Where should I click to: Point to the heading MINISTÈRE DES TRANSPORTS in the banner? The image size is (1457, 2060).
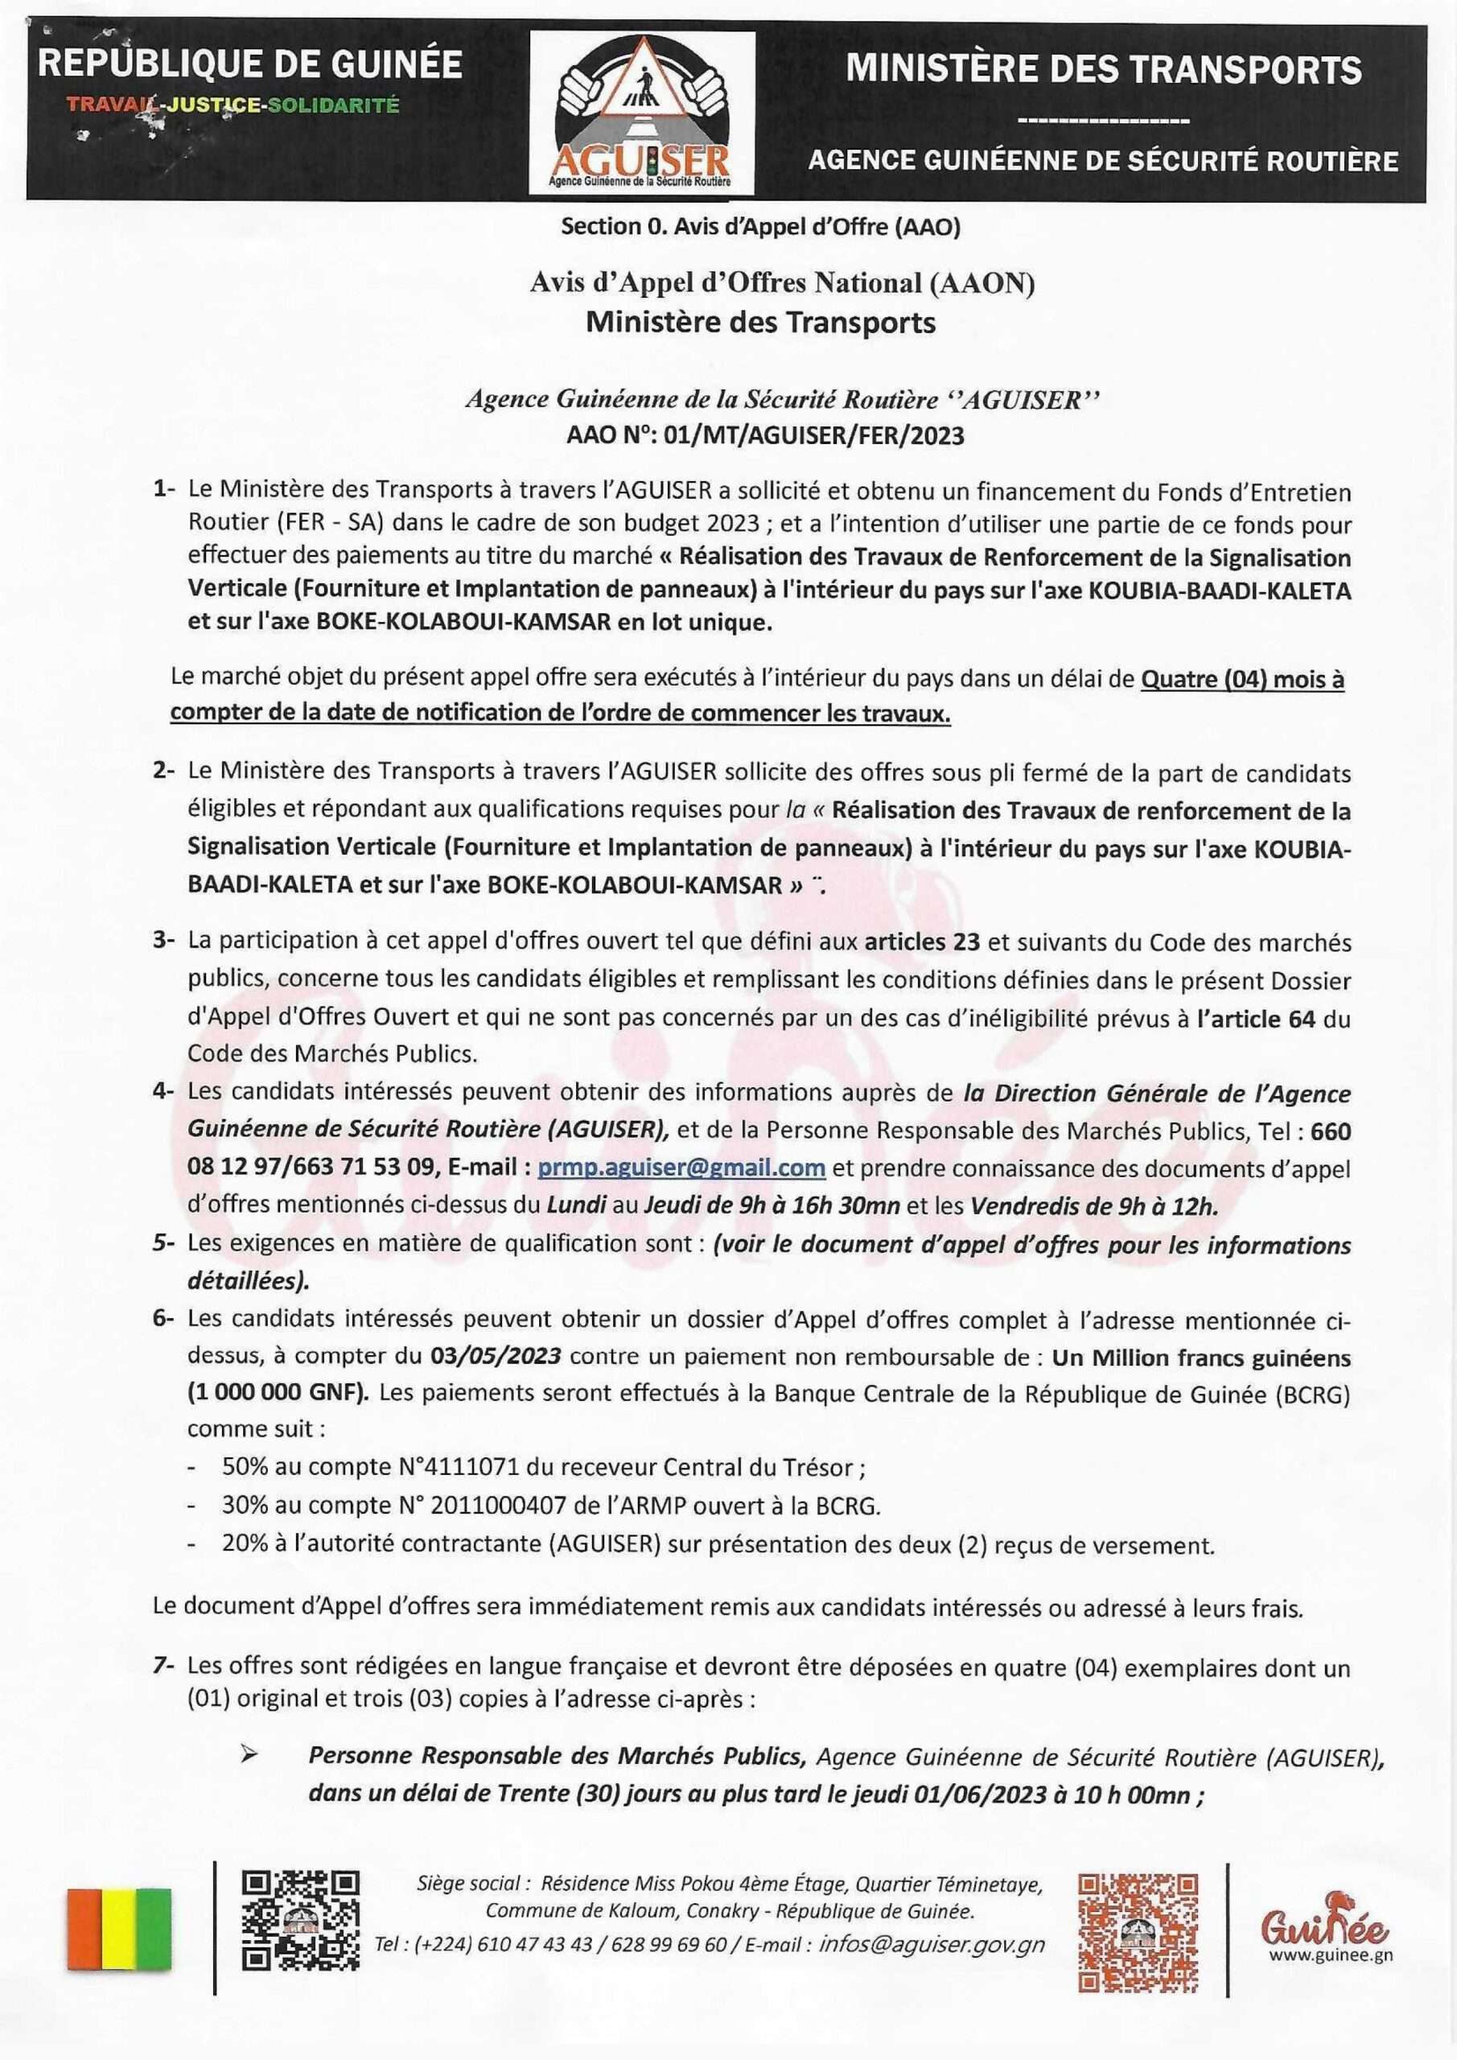click(1104, 70)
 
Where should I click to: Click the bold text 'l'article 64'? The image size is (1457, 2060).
click(1256, 1019)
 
